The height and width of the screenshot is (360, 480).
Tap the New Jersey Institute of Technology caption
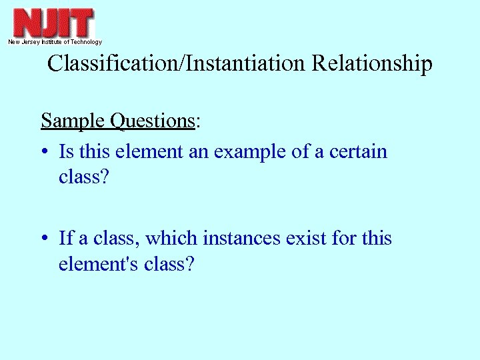55,42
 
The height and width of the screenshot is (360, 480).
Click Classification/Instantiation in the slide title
175,64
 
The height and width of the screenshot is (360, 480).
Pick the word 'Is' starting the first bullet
66,151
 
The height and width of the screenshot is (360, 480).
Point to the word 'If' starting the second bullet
65,238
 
